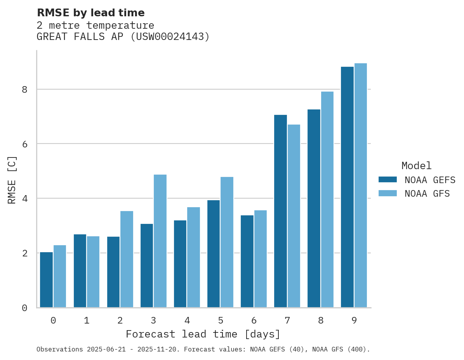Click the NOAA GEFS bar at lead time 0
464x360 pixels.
pos(46,280)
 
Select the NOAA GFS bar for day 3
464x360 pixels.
pos(160,241)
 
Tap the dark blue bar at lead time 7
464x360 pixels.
pos(280,211)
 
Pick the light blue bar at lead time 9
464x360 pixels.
pos(361,185)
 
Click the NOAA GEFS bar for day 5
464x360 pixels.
pos(214,254)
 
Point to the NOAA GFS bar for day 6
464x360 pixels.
pos(260,259)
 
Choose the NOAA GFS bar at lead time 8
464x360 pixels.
pos(327,199)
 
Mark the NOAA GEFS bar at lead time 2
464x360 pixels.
pos(113,272)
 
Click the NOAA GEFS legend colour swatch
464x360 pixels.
pos(388,180)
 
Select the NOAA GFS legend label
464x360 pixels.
pos(427,194)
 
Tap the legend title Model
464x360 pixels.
pos(416,166)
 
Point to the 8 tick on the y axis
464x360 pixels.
pos(24,90)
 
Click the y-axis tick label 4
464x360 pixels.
pos(24,199)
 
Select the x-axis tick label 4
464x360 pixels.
pos(187,321)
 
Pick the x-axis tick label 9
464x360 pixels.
pos(354,321)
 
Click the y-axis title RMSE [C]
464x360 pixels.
pos(12,180)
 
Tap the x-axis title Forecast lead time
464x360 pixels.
pos(203,334)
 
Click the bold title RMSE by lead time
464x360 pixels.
pos(90,13)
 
